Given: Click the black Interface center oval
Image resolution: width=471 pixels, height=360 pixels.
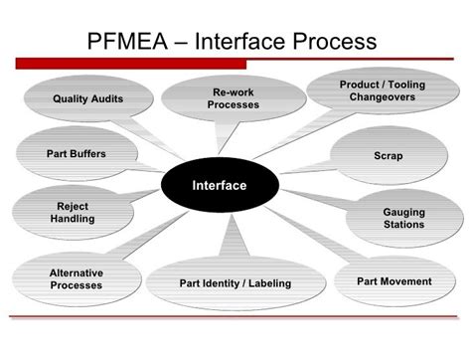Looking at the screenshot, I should pyautogui.click(x=219, y=186).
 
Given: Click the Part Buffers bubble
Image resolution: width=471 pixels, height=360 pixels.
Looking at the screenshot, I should pyautogui.click(x=76, y=154).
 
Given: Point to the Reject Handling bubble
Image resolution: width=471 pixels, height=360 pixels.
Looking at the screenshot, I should pyautogui.click(x=73, y=212).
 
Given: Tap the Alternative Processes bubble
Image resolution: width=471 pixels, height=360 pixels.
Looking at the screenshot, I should pyautogui.click(x=76, y=278).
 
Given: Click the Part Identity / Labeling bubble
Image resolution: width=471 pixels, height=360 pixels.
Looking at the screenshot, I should pyautogui.click(x=235, y=283).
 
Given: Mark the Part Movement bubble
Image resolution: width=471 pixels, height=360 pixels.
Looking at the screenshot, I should pyautogui.click(x=393, y=281).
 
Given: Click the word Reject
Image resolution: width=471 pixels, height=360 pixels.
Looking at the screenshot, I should pyautogui.click(x=73, y=206).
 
